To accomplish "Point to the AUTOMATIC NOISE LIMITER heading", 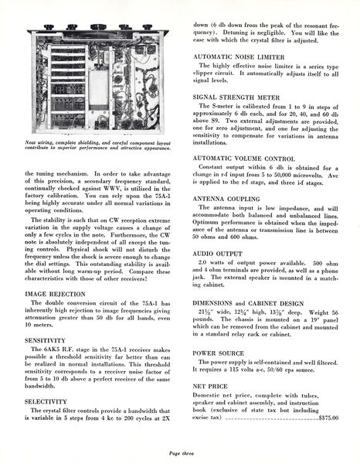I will (237, 56).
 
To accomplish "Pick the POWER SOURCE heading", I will (219, 353).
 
